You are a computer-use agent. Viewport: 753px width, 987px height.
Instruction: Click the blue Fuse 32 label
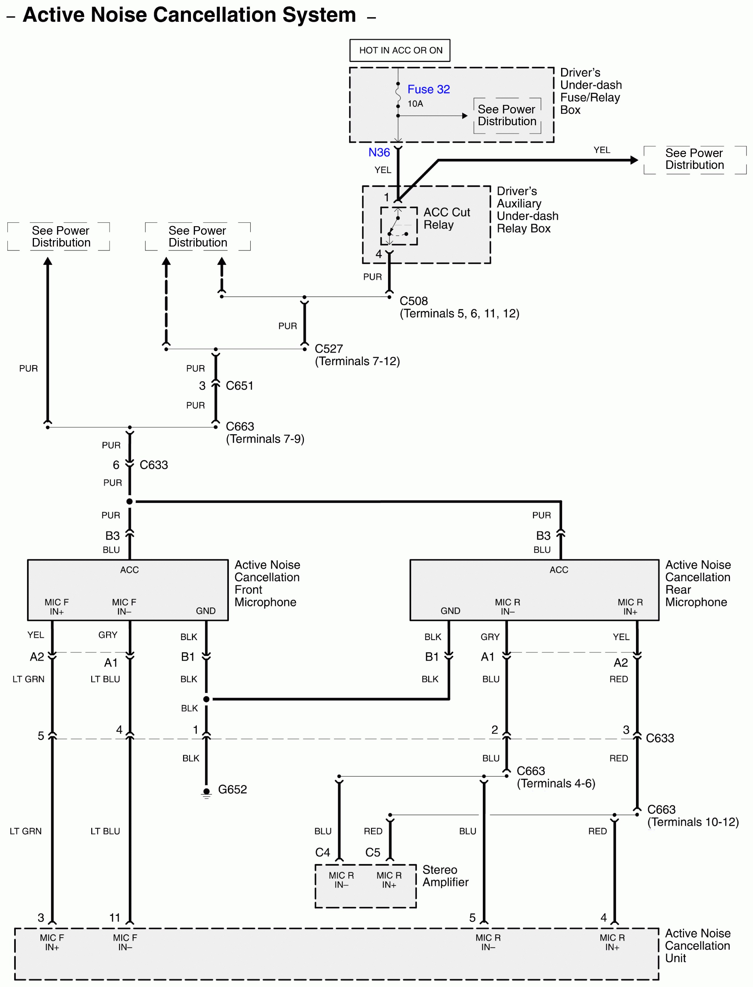429,89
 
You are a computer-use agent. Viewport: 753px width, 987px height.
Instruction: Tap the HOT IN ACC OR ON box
400,50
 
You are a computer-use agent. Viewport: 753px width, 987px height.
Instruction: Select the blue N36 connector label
379,153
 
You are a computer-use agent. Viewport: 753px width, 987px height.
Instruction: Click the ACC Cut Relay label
447,218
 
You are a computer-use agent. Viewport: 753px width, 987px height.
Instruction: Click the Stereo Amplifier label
446,876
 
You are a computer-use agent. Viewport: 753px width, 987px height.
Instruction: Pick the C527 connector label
329,349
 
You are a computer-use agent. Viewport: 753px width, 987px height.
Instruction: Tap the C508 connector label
414,301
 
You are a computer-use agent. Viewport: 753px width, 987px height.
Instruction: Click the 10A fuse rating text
415,103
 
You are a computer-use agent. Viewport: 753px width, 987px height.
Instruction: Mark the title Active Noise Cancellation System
189,15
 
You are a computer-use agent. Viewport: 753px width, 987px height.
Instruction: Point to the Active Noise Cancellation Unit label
698,945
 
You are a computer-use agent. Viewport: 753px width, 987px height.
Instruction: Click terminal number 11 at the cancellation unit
115,918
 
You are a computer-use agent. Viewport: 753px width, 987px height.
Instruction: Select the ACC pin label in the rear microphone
559,570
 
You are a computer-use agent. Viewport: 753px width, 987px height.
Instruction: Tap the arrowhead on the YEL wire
634,160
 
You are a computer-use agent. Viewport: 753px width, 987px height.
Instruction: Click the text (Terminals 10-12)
693,822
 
